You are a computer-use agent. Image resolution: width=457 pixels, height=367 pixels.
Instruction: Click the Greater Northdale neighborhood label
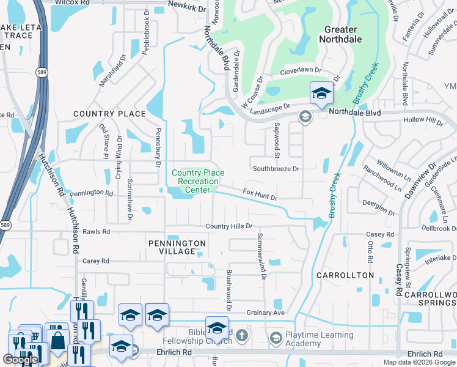[x=340, y=34]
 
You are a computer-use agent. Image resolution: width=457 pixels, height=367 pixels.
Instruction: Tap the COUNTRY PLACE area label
[x=109, y=114]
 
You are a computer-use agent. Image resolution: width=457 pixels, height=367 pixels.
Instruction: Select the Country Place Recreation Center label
[x=195, y=181]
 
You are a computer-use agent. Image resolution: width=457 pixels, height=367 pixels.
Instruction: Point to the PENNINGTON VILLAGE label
[x=177, y=248]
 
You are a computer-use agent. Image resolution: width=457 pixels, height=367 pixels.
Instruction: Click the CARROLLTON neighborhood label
[x=345, y=275]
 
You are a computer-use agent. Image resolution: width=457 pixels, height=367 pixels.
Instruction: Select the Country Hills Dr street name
[x=229, y=226]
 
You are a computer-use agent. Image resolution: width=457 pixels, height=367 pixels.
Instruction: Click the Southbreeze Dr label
[x=276, y=168]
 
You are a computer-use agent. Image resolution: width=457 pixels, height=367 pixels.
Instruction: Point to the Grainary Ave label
[x=266, y=313]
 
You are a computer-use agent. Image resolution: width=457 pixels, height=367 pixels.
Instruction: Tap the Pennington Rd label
[x=91, y=193]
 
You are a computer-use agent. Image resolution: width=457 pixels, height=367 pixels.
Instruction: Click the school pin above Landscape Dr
[x=321, y=94]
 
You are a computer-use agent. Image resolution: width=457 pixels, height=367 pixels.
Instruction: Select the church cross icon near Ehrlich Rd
[x=242, y=335]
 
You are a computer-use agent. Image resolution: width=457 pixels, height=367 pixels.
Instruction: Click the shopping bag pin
[x=58, y=341]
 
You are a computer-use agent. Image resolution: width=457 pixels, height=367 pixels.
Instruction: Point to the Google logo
[x=20, y=360]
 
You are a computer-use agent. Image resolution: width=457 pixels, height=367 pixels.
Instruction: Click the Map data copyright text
[x=419, y=362]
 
